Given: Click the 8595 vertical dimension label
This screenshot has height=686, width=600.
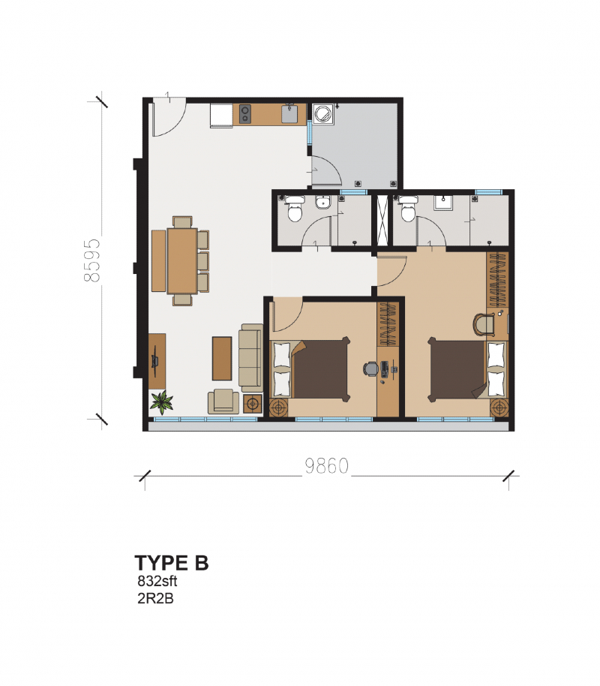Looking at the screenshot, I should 92,260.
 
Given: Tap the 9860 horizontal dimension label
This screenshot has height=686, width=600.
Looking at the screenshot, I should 327,466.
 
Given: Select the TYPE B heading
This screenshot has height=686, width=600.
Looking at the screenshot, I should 171,563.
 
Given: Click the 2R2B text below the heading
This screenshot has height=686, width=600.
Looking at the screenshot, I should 155,598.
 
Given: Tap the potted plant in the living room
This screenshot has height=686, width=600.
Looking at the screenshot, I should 161,403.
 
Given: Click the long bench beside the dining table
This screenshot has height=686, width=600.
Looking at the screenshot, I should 158,260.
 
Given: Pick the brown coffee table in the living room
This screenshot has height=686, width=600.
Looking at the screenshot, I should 222,358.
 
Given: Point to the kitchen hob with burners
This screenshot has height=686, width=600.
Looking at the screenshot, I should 245,114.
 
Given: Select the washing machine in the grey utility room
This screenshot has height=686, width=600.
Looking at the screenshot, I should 323,114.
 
